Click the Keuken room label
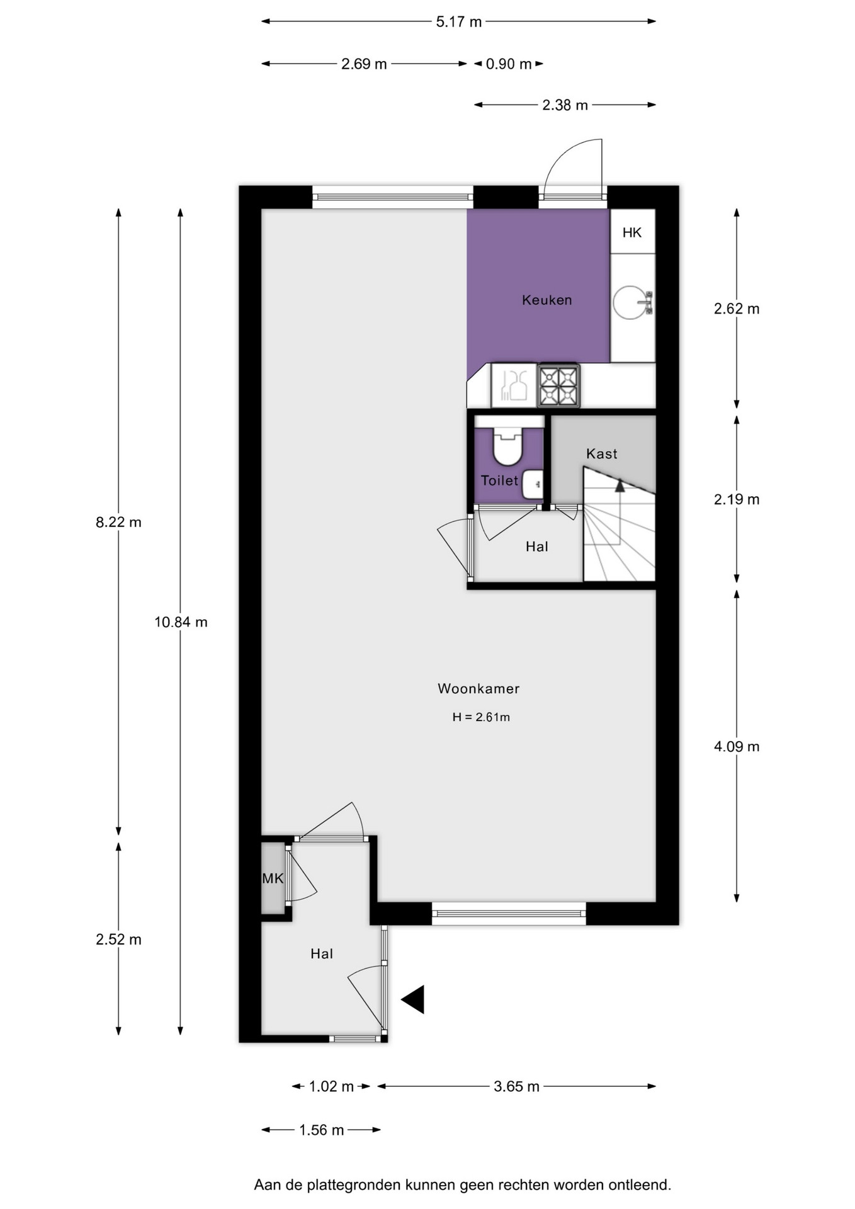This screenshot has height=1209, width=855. (546, 300)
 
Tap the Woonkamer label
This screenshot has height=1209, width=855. (478, 688)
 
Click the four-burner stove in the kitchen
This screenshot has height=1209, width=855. (558, 385)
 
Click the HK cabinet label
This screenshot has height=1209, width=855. (632, 233)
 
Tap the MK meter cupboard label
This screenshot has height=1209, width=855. (273, 878)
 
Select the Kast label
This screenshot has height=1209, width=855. (601, 453)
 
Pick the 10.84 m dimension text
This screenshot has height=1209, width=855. (181, 622)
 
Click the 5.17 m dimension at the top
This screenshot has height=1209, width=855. (459, 22)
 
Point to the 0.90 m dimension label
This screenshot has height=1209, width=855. (509, 64)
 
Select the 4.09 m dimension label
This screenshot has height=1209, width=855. (737, 747)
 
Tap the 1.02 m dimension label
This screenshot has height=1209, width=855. (331, 1086)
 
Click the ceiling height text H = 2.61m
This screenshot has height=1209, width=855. (481, 717)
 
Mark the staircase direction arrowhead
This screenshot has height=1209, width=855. (620, 485)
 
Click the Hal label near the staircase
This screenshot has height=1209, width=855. (537, 547)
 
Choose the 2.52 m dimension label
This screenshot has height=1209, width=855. (118, 939)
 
